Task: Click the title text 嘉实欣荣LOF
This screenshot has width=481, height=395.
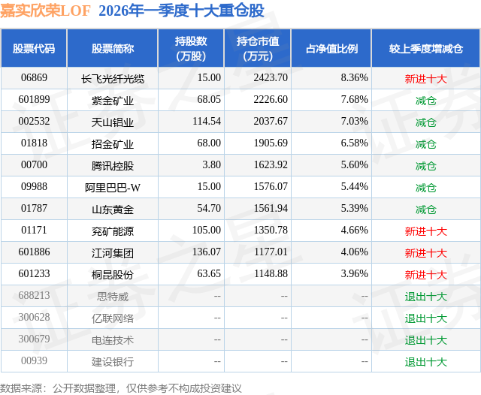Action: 44,10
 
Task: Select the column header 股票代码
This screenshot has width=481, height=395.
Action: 34,49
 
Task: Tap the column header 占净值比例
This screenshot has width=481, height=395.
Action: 331,49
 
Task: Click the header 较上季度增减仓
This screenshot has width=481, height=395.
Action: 425,49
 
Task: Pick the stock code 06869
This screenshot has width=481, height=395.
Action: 34,77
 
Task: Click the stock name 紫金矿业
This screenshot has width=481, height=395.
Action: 113,100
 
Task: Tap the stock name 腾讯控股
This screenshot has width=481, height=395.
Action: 113,165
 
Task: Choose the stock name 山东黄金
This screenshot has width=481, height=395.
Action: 113,209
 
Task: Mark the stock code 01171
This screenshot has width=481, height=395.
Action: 34,231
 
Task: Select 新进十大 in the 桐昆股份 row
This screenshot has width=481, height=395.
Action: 425,275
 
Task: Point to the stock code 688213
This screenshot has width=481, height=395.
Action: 34,297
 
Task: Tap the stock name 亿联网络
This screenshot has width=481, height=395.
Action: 113,318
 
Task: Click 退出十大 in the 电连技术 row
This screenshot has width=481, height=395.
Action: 425,340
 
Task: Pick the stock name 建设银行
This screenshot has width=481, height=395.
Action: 113,362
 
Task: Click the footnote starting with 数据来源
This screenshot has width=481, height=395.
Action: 121,387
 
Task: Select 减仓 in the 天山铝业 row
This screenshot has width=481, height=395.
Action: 425,122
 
